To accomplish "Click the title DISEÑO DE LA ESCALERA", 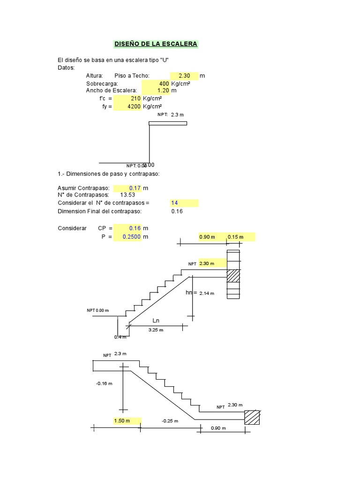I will [x=156, y=44].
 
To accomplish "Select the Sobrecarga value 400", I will [x=163, y=83].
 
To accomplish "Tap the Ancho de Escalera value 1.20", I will [x=163, y=90].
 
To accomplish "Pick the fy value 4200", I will [x=135, y=106].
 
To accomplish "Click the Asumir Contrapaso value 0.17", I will [x=135, y=188].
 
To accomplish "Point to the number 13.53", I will [x=127, y=195].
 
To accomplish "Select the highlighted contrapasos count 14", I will [x=174, y=203].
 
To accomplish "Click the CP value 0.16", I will [x=135, y=228].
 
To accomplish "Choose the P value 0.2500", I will [x=132, y=237].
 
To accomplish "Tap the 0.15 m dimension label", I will [x=235, y=237].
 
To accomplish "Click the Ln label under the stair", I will [x=157, y=321].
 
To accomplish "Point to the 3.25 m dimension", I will [x=156, y=330].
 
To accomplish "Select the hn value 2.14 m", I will [x=206, y=293].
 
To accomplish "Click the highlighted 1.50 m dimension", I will [x=122, y=421].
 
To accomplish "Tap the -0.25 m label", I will [x=170, y=421].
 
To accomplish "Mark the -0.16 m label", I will [x=104, y=383].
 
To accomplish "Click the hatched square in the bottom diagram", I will [x=253, y=417].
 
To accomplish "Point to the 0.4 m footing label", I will [x=120, y=337].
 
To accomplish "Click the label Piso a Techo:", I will [x=132, y=76].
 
